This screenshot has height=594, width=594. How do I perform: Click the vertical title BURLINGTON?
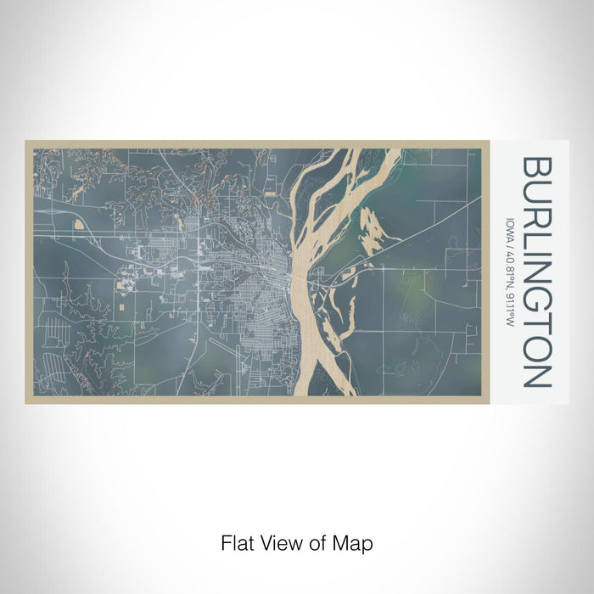(x=538, y=272)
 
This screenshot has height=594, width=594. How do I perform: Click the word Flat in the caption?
(x=234, y=541)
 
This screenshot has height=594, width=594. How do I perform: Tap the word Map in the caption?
(x=356, y=541)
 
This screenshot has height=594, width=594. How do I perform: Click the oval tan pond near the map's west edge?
(x=79, y=225)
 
